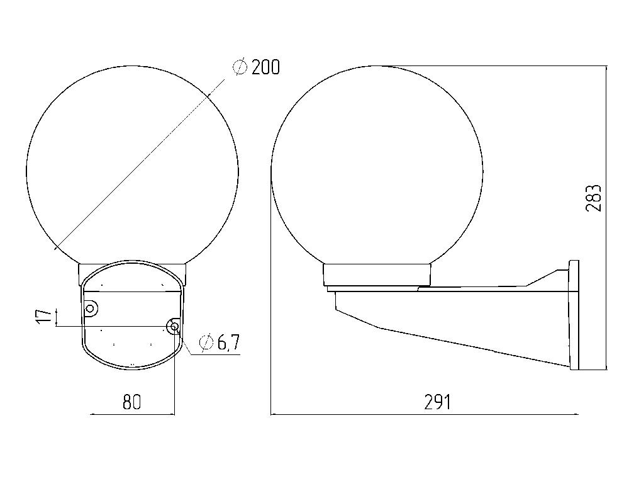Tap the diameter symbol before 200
[x=240, y=67]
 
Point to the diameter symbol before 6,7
[x=206, y=343]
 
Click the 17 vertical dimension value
[x=45, y=317]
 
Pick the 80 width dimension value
[x=132, y=402]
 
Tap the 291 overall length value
[x=437, y=402]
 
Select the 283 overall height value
[x=593, y=198]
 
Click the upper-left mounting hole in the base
[x=91, y=308]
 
